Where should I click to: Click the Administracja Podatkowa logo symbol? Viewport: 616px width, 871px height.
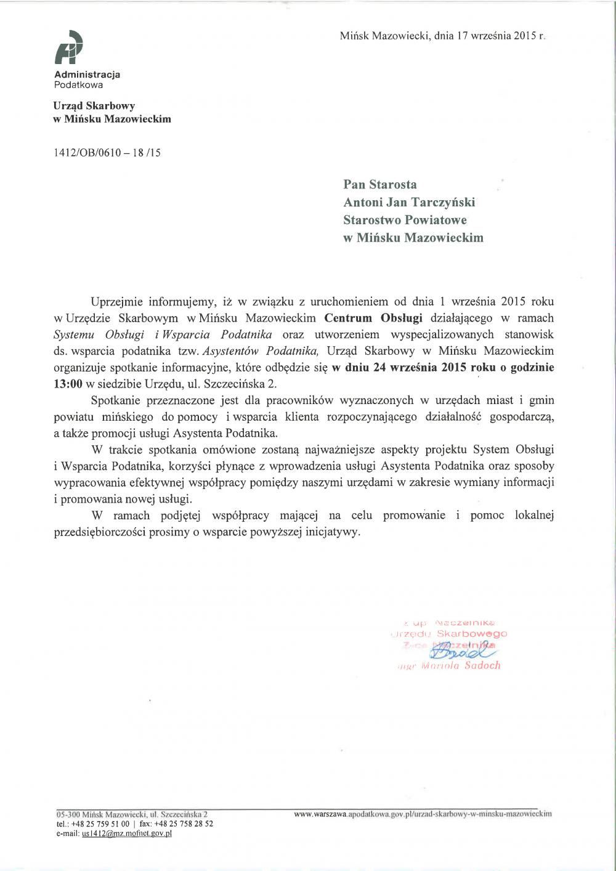point(68,48)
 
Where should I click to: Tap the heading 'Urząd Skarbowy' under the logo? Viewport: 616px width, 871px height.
point(94,106)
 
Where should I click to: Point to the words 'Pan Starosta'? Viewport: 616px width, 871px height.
point(380,184)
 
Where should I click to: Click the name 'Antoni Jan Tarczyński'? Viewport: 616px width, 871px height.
point(409,202)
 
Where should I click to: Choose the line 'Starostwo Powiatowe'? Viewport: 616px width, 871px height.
point(405,220)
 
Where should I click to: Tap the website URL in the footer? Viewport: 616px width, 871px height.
point(423,814)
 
